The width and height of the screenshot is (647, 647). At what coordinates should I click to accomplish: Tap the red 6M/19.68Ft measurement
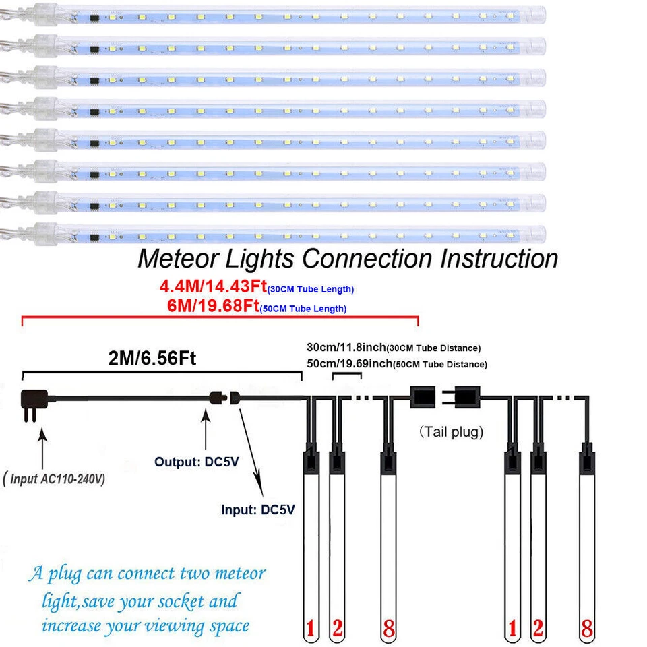[213, 307]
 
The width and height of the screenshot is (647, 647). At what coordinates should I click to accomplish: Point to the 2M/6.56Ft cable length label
[152, 359]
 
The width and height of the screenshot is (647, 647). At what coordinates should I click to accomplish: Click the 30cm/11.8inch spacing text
[345, 348]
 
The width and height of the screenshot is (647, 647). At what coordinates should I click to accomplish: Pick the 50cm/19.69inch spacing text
[345, 364]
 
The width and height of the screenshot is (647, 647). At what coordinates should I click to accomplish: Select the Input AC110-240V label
[55, 479]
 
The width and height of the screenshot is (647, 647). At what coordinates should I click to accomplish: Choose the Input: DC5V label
[258, 510]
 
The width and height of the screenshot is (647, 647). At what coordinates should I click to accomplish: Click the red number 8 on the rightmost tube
[587, 629]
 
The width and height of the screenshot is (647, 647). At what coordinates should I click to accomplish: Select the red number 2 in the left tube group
[338, 629]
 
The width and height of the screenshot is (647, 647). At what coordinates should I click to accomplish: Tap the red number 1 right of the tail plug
[513, 629]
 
